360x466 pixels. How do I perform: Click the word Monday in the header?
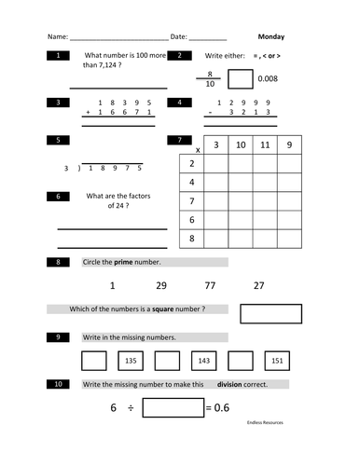coord(271,37)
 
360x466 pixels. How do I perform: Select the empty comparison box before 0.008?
coord(240,78)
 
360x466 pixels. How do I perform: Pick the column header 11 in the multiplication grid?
coord(263,145)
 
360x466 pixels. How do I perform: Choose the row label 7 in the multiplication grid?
coord(191,201)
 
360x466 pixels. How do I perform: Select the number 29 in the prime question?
coord(161,285)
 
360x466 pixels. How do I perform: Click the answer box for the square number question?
coord(270,313)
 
